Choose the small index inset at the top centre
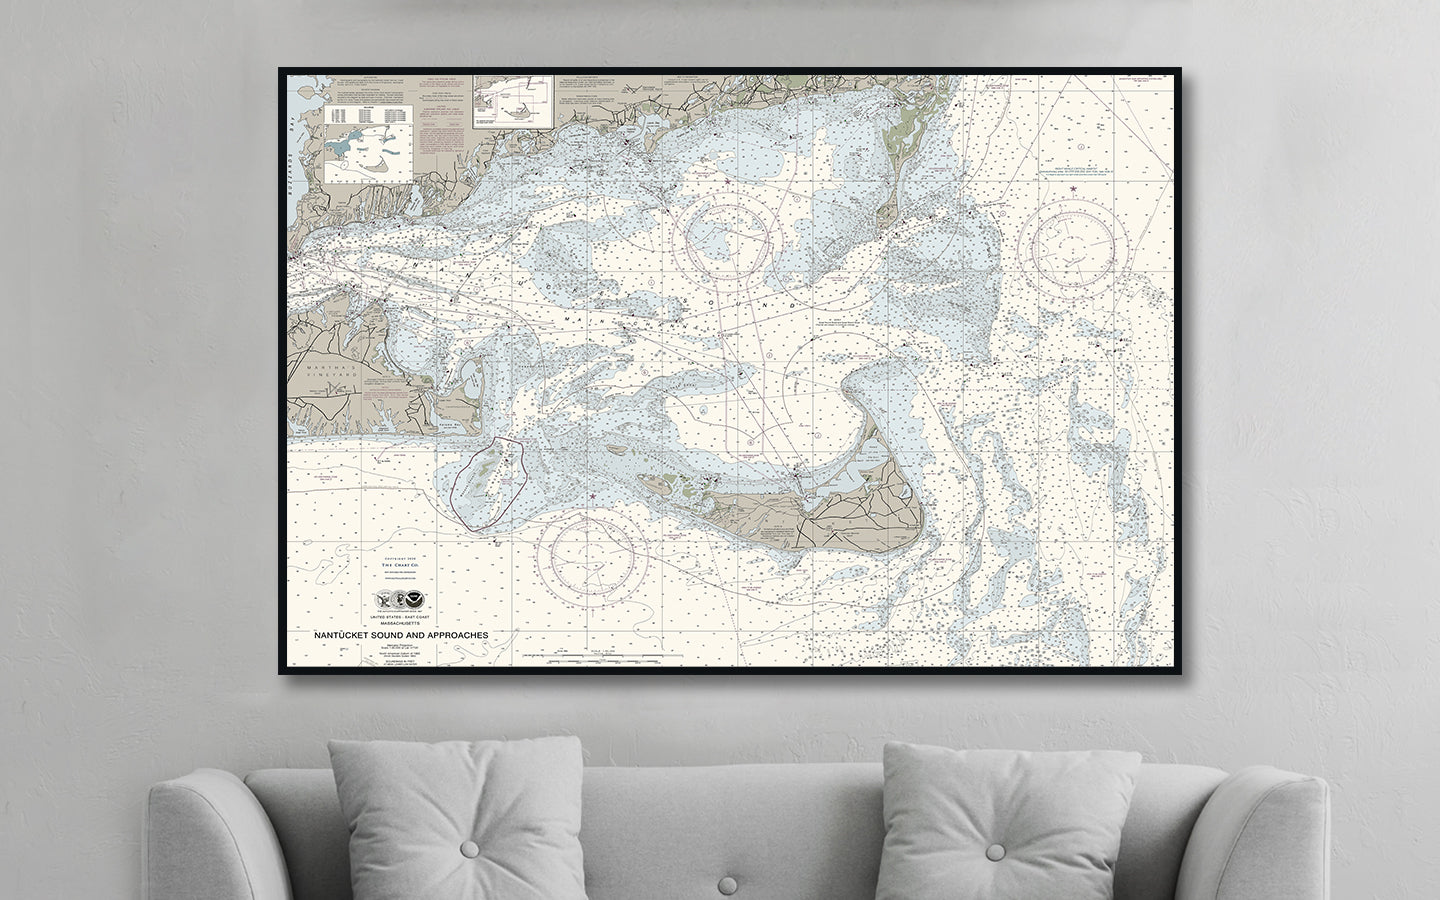click(514, 101)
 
